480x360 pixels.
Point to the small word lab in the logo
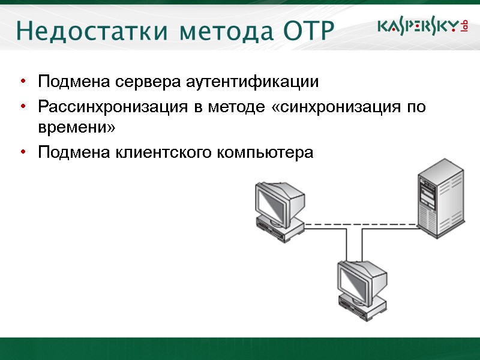[x=464, y=26]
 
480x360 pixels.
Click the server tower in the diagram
[x=441, y=198]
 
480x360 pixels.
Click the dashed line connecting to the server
[x=360, y=225]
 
